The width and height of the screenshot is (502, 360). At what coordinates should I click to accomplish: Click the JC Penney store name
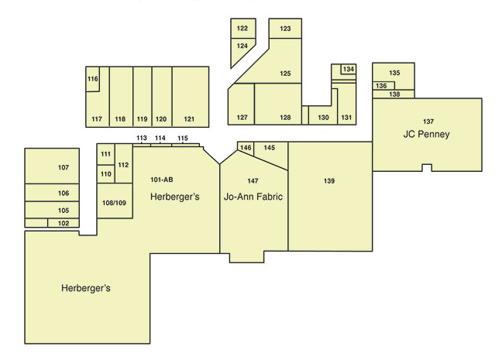[426, 134]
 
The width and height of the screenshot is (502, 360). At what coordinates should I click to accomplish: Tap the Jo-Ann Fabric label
[253, 196]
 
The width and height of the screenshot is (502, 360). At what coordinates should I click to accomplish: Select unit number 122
[242, 28]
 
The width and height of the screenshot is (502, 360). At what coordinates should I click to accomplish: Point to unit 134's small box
[349, 69]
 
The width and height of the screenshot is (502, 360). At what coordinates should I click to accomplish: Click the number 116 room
[92, 79]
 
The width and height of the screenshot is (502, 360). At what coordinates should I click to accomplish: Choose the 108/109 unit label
[115, 203]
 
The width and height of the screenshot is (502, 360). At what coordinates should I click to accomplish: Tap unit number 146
[246, 148]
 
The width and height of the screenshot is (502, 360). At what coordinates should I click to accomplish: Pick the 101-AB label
[162, 180]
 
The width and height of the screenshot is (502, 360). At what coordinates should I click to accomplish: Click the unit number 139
[329, 181]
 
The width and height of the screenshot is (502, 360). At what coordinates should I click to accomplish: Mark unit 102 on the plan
[64, 223]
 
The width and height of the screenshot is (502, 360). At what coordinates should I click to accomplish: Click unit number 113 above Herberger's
[142, 138]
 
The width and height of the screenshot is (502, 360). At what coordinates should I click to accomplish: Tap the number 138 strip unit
[394, 94]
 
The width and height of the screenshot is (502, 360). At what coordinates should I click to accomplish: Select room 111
[105, 154]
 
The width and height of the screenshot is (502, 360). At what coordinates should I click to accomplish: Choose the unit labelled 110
[105, 174]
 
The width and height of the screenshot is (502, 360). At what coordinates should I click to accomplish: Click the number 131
[346, 118]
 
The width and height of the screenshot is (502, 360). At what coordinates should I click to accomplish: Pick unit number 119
[142, 119]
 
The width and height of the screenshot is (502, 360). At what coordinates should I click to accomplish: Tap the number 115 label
[183, 138]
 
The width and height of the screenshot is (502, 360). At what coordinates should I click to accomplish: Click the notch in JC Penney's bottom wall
[427, 168]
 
